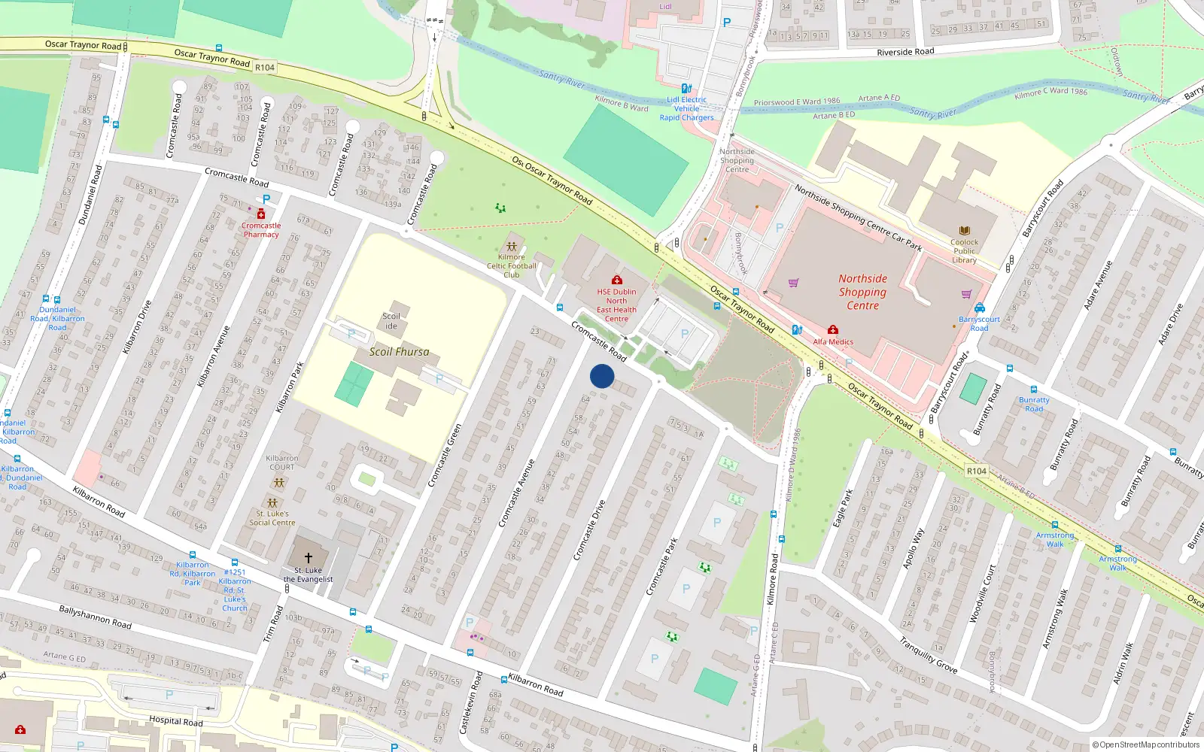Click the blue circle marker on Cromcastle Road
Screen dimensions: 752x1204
pyautogui.click(x=602, y=376)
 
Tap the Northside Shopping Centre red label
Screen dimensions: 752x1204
pyautogui.click(x=862, y=292)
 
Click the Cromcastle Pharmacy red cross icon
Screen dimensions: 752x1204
pyautogui.click(x=261, y=214)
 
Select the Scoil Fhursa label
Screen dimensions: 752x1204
pyautogui.click(x=399, y=351)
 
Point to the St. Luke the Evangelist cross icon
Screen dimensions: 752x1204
pyautogui.click(x=308, y=558)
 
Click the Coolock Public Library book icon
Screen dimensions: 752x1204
pyautogui.click(x=964, y=231)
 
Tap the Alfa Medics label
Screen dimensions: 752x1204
pyautogui.click(x=833, y=341)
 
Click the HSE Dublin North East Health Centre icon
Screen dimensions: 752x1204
pyautogui.click(x=616, y=280)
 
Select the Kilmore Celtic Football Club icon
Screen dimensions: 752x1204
pyautogui.click(x=512, y=246)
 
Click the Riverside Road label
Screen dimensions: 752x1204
pyautogui.click(x=905, y=52)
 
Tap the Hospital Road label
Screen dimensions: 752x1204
pyautogui.click(x=175, y=720)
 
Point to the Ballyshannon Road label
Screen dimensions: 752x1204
pyautogui.click(x=95, y=617)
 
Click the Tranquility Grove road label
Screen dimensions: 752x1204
pyautogui.click(x=928, y=654)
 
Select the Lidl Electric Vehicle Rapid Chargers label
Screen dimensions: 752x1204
pyautogui.click(x=686, y=108)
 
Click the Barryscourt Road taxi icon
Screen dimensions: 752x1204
pyautogui.click(x=979, y=308)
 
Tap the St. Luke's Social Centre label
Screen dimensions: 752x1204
pyautogui.click(x=272, y=518)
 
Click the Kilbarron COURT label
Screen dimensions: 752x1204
pyautogui.click(x=282, y=462)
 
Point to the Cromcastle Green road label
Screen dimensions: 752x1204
pyautogui.click(x=445, y=455)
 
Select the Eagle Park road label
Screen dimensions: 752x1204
pyautogui.click(x=844, y=508)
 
